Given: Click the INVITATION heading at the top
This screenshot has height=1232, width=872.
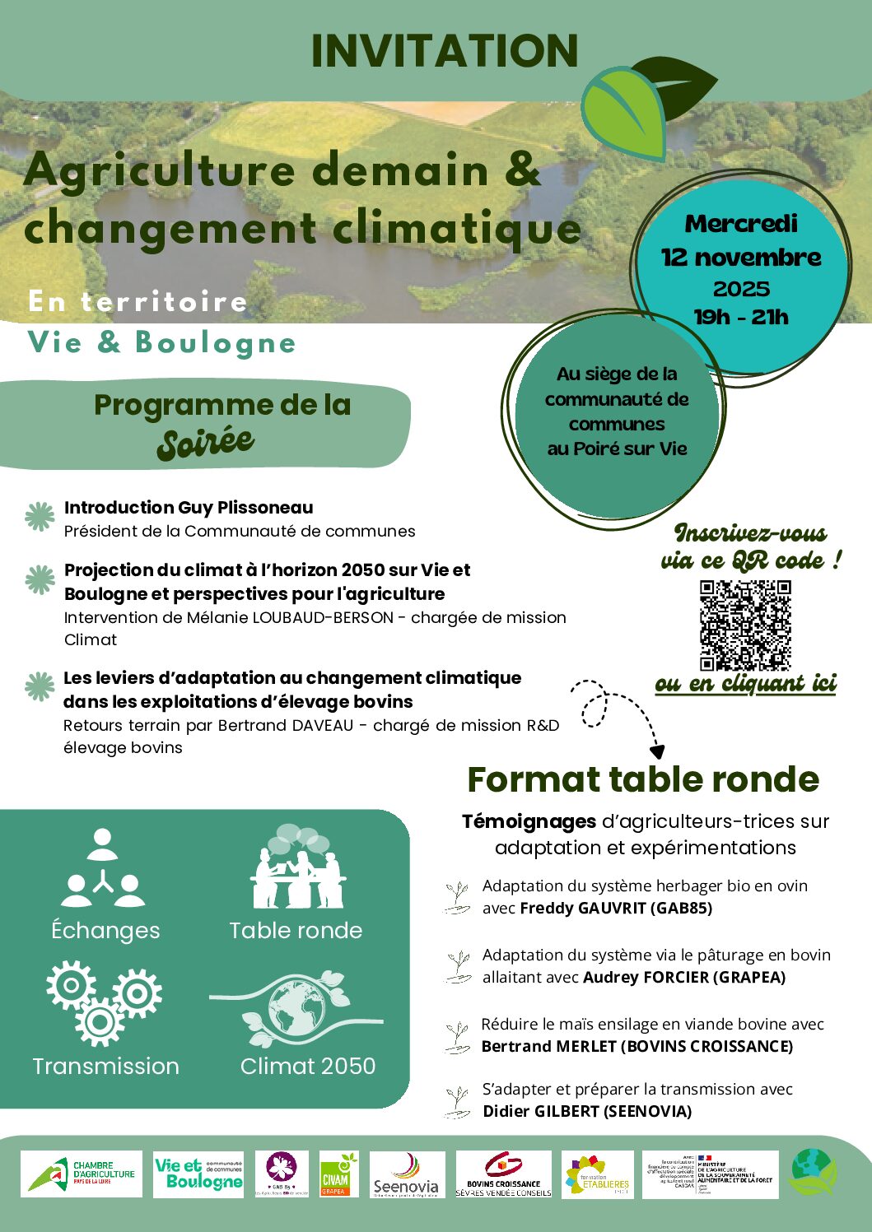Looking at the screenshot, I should coord(445,51).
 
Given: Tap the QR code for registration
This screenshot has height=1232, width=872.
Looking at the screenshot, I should coord(745,625).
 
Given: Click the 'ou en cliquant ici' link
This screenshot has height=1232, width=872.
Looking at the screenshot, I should coord(745,684).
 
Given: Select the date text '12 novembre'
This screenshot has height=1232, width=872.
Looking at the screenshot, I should coord(741,258).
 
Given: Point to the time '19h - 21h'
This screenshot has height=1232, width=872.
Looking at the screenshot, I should coord(741,317).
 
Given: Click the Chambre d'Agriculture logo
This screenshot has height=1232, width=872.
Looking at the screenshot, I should coord(82,1174).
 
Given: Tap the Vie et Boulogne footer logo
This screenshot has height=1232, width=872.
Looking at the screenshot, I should coord(198,1174).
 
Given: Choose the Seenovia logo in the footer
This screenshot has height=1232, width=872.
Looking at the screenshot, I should coord(407,1175).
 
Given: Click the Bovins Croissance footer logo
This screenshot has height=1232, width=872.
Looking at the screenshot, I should coord(504,1175).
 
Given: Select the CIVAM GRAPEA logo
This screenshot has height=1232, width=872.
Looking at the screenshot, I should coord(335,1174).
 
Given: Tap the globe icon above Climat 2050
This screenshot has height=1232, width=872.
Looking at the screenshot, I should coord(296,1007).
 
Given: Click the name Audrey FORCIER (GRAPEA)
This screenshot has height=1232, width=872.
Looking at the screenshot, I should coord(684,978).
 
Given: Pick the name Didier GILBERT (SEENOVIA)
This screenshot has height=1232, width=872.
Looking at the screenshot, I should coord(587,1112).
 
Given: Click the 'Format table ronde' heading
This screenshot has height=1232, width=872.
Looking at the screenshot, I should coord(643,779).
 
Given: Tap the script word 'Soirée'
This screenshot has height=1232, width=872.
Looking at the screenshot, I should coord(206,443).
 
